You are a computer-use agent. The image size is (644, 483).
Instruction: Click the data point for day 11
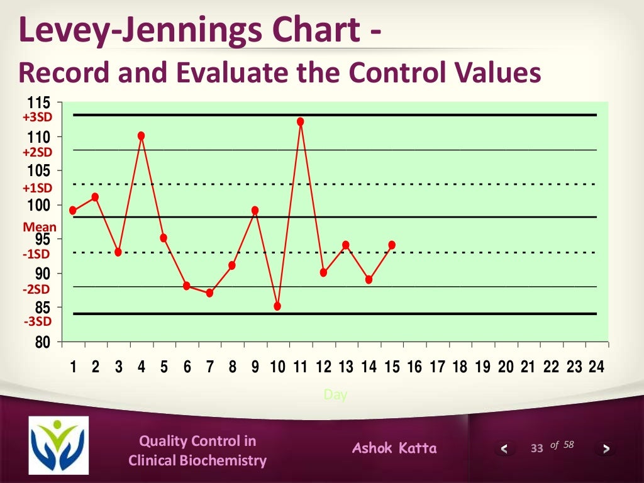click(x=301, y=121)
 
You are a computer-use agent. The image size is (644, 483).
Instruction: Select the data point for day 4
click(x=141, y=135)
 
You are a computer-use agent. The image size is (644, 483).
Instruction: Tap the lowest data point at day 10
click(x=277, y=306)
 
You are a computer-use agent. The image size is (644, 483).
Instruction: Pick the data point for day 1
click(x=73, y=210)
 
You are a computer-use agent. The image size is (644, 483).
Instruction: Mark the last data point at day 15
click(x=392, y=245)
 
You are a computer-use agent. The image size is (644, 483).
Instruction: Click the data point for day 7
click(x=209, y=293)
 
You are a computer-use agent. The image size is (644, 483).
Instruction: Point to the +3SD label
click(x=38, y=117)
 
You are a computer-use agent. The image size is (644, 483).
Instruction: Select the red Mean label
click(x=40, y=227)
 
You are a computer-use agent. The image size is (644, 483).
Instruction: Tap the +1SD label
click(x=38, y=187)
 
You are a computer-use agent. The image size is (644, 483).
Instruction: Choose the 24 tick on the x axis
click(x=596, y=368)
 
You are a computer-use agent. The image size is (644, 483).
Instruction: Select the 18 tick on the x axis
click(x=460, y=368)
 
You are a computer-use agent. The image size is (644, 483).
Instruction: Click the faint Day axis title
click(x=335, y=395)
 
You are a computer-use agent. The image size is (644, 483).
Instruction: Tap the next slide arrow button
click(x=606, y=448)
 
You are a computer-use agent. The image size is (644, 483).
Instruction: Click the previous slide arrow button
click(x=504, y=448)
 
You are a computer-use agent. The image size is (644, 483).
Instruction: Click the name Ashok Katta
click(x=394, y=448)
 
